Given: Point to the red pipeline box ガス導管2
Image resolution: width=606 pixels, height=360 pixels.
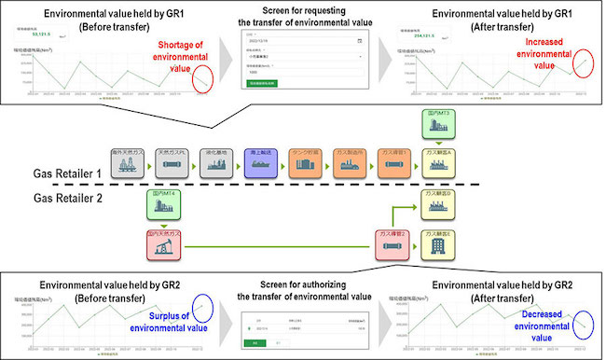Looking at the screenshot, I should [x=391, y=245].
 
